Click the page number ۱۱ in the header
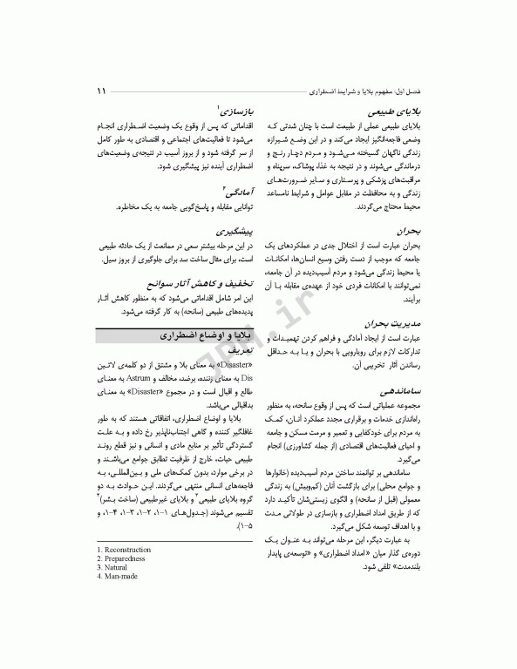pos(102,91)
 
